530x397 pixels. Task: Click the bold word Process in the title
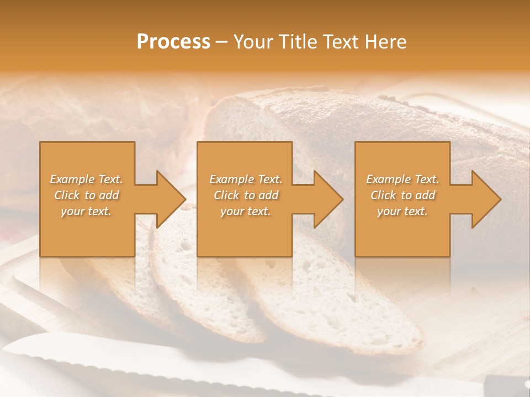tap(173, 42)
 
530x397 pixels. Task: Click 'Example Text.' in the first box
tap(86, 179)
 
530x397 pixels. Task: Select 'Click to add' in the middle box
tap(246, 195)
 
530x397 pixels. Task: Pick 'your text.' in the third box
tap(402, 211)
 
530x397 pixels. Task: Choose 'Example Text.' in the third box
tap(402, 179)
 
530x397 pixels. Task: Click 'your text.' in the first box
tap(86, 211)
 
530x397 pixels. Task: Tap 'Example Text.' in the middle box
tap(246, 179)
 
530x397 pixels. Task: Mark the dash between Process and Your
tap(221, 42)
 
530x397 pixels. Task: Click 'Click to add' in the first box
tap(86, 195)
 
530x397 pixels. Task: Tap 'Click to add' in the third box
tap(402, 195)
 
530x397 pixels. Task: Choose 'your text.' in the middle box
tap(246, 211)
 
